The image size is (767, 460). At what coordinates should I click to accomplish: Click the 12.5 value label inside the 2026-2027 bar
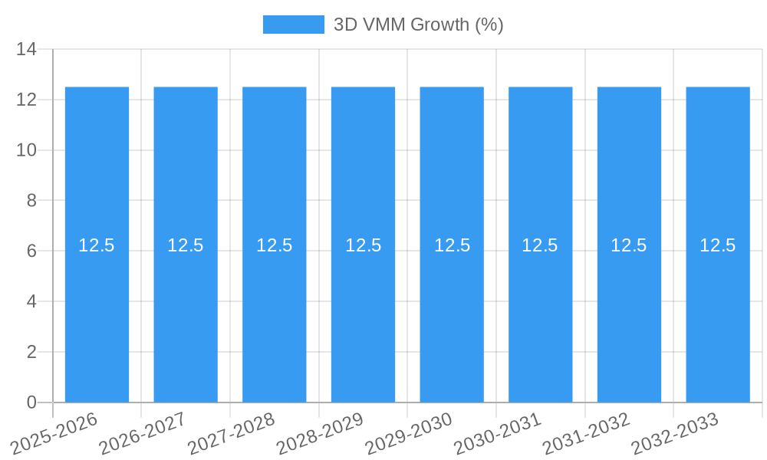click(186, 245)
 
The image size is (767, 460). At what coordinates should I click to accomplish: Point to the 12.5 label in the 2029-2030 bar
click(452, 245)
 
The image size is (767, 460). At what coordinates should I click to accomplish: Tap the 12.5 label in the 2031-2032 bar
click(629, 245)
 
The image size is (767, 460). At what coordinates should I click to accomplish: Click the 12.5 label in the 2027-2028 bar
click(275, 245)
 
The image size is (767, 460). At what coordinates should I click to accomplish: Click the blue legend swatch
click(293, 25)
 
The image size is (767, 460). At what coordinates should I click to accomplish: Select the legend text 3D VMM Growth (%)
click(418, 25)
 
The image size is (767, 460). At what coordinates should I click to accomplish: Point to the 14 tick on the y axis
click(26, 50)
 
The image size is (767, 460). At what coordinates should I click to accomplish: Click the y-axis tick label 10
click(26, 150)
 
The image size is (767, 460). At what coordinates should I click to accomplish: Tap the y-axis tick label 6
click(31, 251)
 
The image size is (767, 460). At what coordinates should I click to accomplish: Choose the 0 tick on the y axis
click(31, 402)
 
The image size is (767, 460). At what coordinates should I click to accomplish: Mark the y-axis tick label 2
click(31, 352)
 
